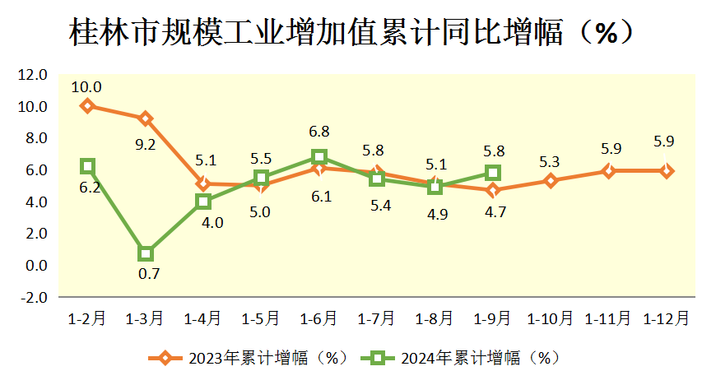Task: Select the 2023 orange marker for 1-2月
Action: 87,106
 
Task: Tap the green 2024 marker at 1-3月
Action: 146,253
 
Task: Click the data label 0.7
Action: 149,274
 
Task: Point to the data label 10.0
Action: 86,86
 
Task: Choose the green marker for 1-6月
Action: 319,157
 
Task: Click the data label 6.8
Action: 319,132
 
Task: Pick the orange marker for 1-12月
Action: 666,171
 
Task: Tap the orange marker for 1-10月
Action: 551,181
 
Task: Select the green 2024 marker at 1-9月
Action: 493,173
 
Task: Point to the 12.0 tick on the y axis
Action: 32,75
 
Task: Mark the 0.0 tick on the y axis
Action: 34,265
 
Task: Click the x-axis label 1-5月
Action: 261,318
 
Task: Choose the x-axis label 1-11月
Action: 608,318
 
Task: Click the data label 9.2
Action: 145,143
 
